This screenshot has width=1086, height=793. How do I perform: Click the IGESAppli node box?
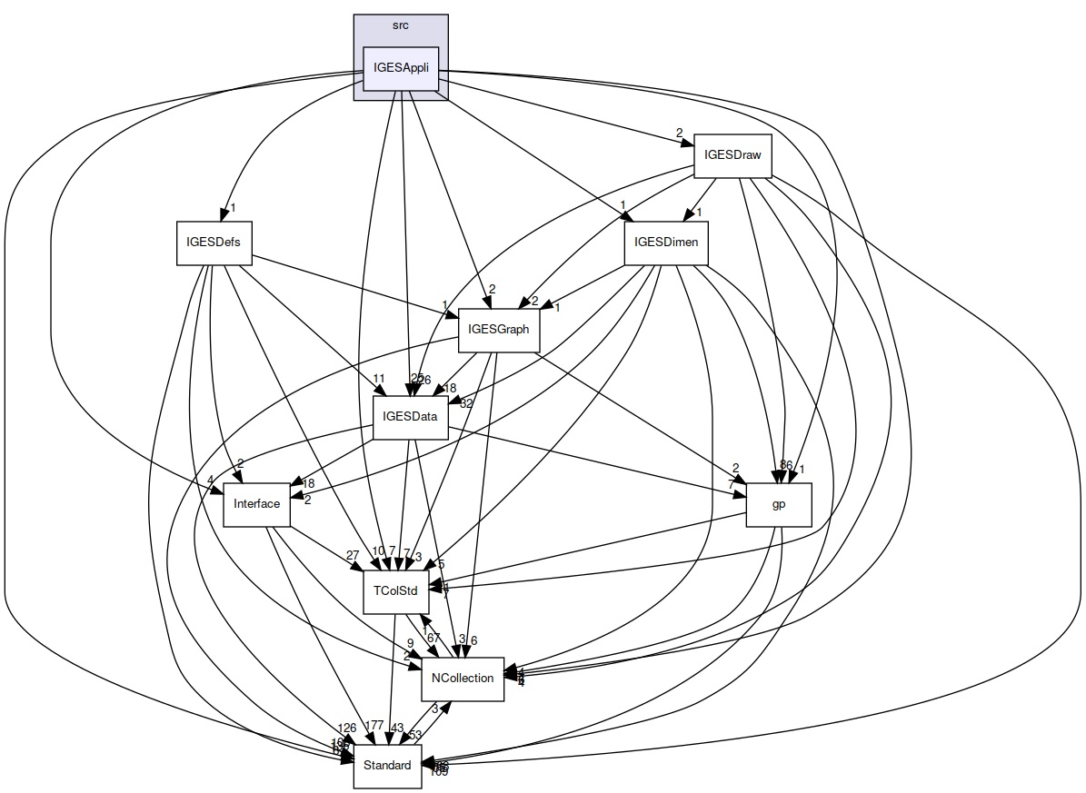[x=401, y=69]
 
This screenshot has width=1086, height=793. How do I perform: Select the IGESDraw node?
[x=732, y=155]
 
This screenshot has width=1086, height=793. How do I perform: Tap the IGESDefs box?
[x=214, y=243]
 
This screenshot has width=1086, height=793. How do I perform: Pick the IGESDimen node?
[x=665, y=243]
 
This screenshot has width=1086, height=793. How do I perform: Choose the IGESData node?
[x=411, y=418]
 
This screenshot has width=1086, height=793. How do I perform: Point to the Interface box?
[x=256, y=504]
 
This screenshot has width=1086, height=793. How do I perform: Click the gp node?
[x=778, y=505]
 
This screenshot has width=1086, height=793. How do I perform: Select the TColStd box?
[x=395, y=591]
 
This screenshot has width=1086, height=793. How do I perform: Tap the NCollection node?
[x=462, y=679]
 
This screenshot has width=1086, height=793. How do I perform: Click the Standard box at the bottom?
[x=387, y=766]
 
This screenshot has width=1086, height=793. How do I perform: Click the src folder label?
[x=400, y=25]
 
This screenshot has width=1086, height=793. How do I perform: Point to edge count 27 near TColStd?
[x=353, y=555]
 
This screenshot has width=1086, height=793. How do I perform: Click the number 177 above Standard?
[x=374, y=725]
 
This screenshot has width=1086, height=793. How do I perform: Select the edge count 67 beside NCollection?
[x=433, y=639]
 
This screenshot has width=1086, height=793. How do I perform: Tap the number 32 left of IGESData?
[x=467, y=403]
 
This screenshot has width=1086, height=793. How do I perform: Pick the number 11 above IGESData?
[x=379, y=378]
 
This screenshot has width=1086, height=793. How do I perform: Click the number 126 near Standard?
[x=346, y=728]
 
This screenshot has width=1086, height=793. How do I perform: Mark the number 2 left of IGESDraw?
[x=678, y=134]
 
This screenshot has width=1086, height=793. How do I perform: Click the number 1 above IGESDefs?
[x=233, y=208]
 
